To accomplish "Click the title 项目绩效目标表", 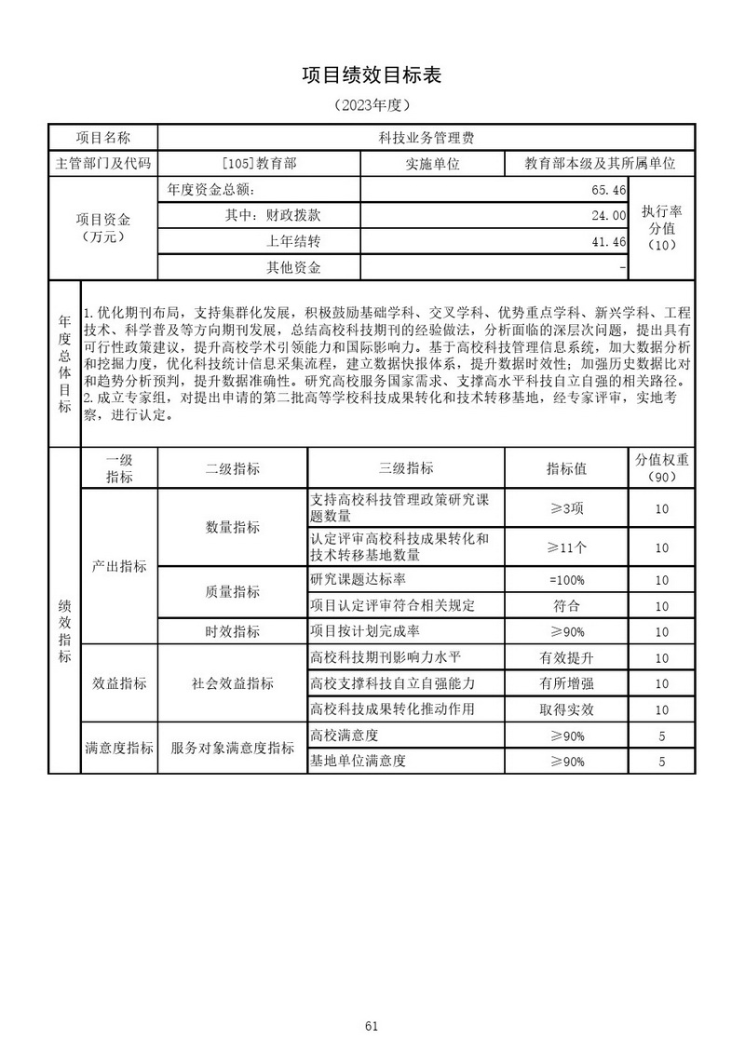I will pyautogui.click(x=372, y=76).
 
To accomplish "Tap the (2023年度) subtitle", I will pyautogui.click(x=372, y=104).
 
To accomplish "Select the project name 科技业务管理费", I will pyautogui.click(x=427, y=137).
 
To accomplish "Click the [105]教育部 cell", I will pyautogui.click(x=259, y=163).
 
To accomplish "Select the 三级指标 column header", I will pyautogui.click(x=406, y=467).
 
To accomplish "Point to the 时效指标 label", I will pyautogui.click(x=232, y=631).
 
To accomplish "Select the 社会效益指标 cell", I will pyautogui.click(x=232, y=683).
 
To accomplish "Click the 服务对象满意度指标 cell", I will pyautogui.click(x=232, y=749).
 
